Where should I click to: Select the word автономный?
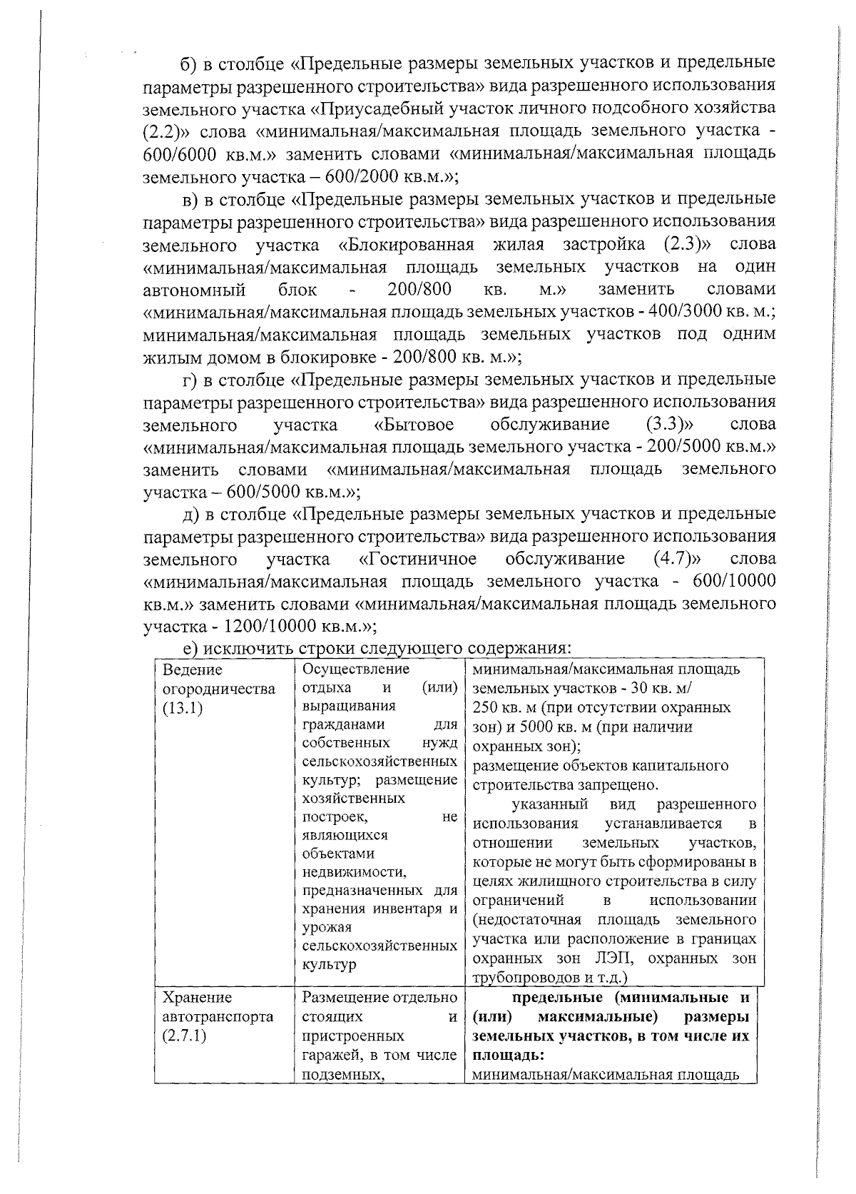[x=194, y=290]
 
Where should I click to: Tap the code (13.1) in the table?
[x=183, y=709]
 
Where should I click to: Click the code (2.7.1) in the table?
[x=185, y=1036]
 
